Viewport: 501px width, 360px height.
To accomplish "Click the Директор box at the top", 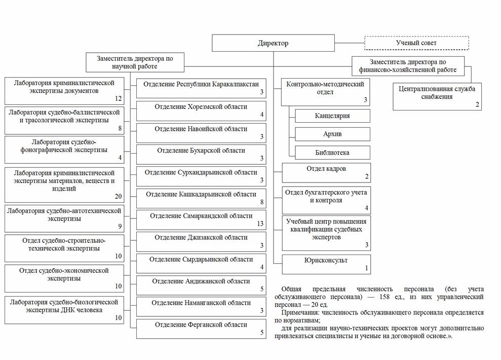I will click(x=273, y=43).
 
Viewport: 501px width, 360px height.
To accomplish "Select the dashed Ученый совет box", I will click(x=416, y=43).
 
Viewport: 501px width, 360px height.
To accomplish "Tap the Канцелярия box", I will click(x=332, y=116).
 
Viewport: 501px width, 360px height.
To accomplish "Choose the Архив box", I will click(x=332, y=134).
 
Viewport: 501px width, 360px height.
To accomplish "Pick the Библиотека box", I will click(x=332, y=152).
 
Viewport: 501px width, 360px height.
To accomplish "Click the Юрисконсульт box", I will click(x=326, y=264).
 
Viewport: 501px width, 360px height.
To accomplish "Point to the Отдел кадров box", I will click(x=326, y=172).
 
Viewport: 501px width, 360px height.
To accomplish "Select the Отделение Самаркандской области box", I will click(x=201, y=220).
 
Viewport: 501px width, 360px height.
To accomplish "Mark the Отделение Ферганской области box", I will click(x=201, y=328).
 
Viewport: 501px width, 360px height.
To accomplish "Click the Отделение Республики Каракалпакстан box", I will click(x=201, y=87).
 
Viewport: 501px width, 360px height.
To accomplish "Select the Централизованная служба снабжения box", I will click(x=437, y=96).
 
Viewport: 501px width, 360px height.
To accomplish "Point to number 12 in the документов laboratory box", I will click(x=119, y=98).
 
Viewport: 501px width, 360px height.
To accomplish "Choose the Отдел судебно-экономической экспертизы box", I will click(x=64, y=278).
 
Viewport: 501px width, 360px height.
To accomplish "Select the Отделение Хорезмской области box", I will click(x=201, y=111).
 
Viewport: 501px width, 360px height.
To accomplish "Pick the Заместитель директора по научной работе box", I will click(x=135, y=62).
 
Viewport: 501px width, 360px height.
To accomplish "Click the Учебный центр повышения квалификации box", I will click(x=326, y=233).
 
